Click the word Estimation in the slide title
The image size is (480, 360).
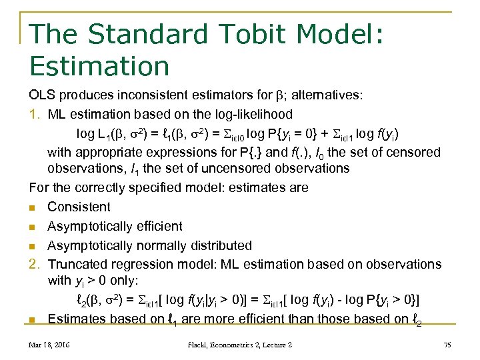99,66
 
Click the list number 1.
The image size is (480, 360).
35,114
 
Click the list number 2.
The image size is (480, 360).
35,264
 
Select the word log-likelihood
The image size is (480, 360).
246,114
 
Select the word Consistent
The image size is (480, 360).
79,207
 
